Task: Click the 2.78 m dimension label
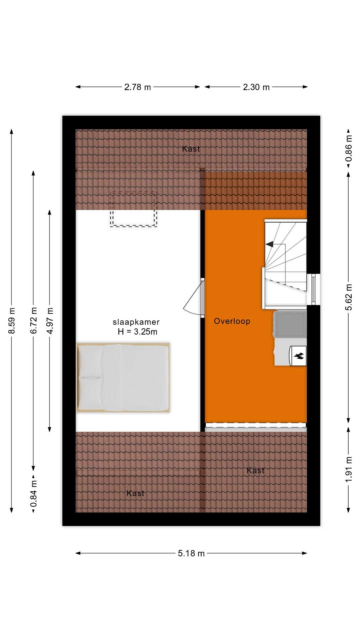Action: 137,87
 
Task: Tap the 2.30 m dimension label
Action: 256,87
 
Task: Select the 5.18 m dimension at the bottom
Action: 191,553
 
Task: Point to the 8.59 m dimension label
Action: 12,320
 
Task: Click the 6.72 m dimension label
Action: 34,320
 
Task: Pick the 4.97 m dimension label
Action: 50,320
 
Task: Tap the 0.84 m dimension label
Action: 34,493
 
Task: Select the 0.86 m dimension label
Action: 349,148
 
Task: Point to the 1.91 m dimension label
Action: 349,469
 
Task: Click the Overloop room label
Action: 232,321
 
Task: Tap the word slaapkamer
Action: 136,322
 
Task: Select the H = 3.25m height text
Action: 137,332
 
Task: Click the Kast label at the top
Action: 191,149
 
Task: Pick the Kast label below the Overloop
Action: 255,470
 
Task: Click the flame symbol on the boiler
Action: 299,356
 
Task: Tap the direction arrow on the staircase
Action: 269,244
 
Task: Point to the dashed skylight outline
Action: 134,209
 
